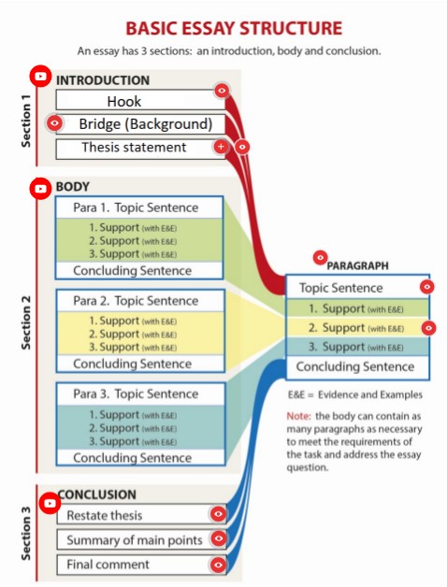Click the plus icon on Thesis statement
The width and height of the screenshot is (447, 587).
coord(221,147)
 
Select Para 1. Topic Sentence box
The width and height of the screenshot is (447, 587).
coord(139,208)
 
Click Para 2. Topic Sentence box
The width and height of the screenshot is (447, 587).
coord(139,301)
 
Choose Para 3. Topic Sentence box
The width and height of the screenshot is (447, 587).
coord(139,394)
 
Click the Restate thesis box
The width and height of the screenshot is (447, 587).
coord(131,515)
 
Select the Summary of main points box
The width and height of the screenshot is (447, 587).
coord(131,539)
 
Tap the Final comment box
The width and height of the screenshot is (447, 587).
coord(131,564)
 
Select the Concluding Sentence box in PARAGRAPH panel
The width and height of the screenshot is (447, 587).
coord(355,366)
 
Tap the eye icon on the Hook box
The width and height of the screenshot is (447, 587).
coord(222,91)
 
